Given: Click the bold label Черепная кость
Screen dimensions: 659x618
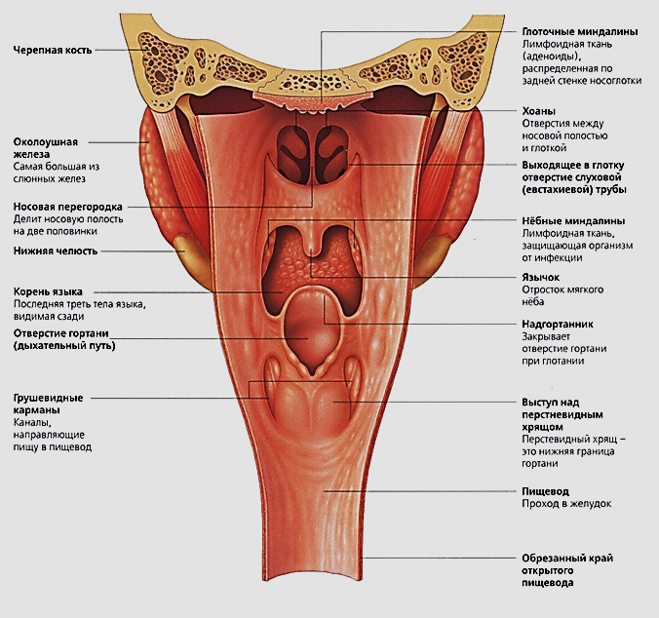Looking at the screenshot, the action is pos(52,51).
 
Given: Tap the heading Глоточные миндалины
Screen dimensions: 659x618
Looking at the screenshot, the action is pos(580,32).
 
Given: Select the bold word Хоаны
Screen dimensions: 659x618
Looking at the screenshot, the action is pos(538,111).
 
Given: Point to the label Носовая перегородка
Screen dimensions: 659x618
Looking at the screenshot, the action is pos(67,207).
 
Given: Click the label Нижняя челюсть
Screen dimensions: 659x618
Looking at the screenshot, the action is pos(56,251).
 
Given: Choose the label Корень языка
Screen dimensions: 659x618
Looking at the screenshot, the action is pos(48,291).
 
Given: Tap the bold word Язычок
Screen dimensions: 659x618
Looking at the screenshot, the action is pos(540,277).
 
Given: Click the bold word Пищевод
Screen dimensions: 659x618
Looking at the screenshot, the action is pos(546,491).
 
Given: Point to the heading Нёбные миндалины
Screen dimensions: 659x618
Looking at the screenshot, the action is pos(579,221).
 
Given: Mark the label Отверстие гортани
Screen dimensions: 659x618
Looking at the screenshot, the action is pos(61,333).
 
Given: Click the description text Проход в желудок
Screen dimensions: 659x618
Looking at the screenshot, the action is pos(566,504).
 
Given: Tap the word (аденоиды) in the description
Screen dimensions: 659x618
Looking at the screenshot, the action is pos(549,57).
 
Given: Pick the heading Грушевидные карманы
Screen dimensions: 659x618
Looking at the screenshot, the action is pos(48,404).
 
